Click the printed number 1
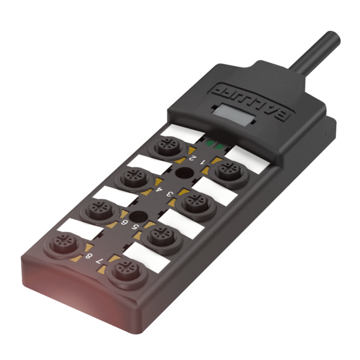pos(202,162)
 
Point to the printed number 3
pos(169,194)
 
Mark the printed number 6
pos(124,222)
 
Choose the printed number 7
pos(99,261)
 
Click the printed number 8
pos(88,256)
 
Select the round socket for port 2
pos(168,148)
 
